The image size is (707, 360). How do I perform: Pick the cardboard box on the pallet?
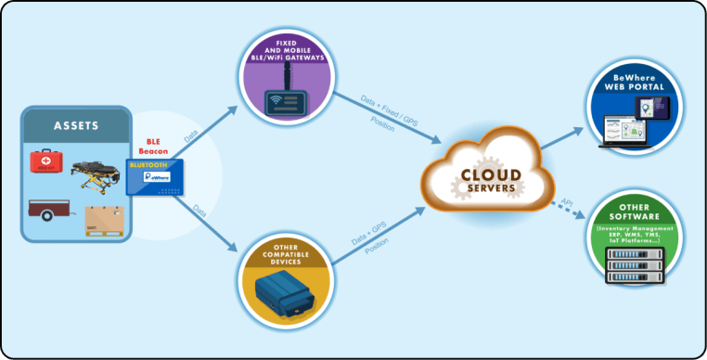pyautogui.click(x=103, y=220)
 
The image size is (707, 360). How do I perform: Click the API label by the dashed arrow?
pyautogui.click(x=567, y=200)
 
